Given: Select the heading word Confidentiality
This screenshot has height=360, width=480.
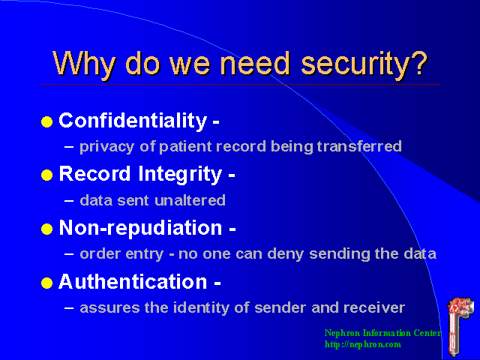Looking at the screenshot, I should coord(132,121).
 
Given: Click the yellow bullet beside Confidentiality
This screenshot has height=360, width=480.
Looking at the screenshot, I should coord(47,122).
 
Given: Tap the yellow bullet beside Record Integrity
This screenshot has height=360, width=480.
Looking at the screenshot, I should coord(47,176).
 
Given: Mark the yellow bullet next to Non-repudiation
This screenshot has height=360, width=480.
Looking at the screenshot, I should coord(47,229).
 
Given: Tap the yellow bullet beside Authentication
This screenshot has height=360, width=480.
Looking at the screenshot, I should coord(47,283).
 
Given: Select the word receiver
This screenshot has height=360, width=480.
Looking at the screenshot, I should coord(378,307).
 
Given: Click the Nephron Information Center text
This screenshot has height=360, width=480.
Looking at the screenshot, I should coord(382,333).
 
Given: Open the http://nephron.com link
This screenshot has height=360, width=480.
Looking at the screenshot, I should coord(363,344).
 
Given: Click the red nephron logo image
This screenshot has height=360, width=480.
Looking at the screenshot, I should coord(457,323).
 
